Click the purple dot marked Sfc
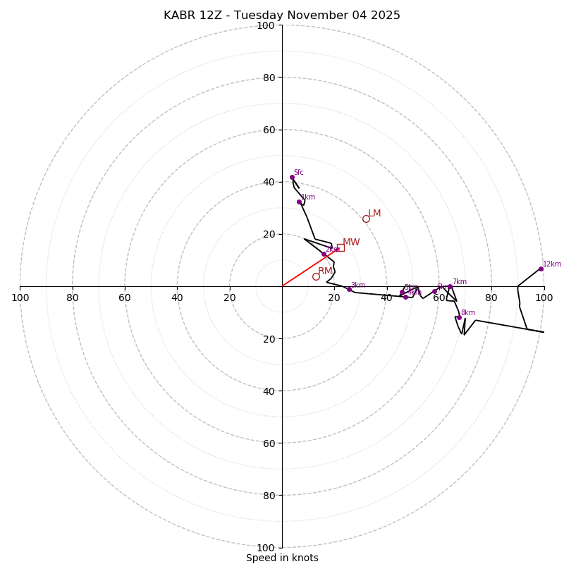(292, 178)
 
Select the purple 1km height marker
(299, 202)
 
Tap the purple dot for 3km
(349, 289)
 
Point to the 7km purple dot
(450, 287)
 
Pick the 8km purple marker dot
(459, 317)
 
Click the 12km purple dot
(541, 269)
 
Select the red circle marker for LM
(366, 219)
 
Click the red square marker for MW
(341, 247)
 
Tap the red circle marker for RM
(316, 276)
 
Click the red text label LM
(374, 214)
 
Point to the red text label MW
(351, 243)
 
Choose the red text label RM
(325, 271)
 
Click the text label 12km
(552, 264)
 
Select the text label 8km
(468, 313)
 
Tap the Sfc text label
(299, 173)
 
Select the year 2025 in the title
(385, 16)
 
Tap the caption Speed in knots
(282, 558)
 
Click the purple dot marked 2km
(324, 254)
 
